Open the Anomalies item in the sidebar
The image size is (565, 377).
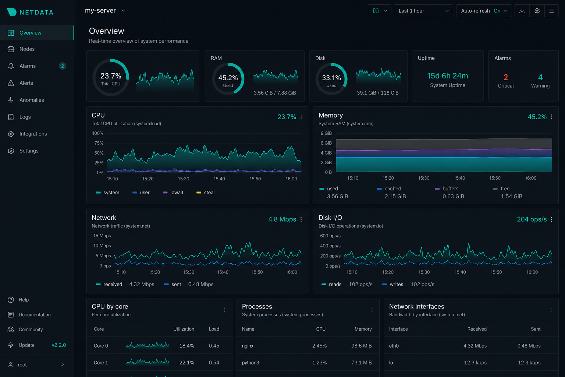tap(32, 100)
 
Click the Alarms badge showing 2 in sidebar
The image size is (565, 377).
tap(62, 66)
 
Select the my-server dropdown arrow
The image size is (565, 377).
tap(123, 11)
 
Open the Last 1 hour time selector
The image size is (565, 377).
tap(423, 11)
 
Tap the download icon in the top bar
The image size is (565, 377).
tap(522, 11)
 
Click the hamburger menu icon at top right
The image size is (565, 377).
tap(552, 11)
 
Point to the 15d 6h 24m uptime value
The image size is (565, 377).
tap(447, 76)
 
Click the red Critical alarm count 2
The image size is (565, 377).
tap(505, 77)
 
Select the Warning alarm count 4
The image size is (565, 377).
tap(540, 77)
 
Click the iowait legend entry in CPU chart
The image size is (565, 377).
tap(173, 193)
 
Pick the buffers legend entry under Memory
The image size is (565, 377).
tap(447, 188)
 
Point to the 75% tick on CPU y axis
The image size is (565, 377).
tap(99, 143)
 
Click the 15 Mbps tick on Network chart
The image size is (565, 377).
tap(102, 236)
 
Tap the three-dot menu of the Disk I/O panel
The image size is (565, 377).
tap(552, 219)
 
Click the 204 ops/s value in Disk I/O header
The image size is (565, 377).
tap(532, 219)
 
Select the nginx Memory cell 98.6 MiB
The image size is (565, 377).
tap(362, 346)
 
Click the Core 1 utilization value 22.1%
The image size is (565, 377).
tap(186, 363)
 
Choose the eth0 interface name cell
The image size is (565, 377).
tap(394, 346)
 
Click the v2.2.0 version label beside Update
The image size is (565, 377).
tap(59, 345)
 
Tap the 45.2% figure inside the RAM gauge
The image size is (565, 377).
tap(228, 78)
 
